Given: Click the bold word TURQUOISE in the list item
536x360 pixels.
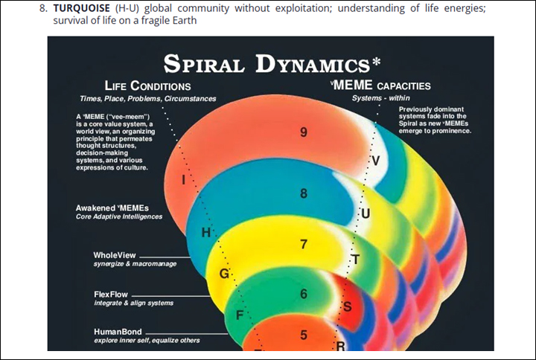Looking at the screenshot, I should click(80, 8).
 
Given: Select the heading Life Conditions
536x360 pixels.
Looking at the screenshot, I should click(147, 86).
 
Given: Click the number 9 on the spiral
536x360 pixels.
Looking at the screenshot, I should click(304, 132).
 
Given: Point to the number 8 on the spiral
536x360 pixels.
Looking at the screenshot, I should click(304, 194).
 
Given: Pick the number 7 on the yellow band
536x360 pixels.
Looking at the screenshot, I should click(304, 244).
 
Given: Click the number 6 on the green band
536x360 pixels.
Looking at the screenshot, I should click(304, 294).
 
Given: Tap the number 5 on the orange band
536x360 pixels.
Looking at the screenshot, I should click(304, 335).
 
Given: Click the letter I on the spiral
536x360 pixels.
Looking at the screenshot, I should click(183, 179).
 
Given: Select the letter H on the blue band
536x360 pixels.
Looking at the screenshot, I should click(206, 233).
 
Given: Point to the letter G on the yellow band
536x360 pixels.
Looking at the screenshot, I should click(223, 274).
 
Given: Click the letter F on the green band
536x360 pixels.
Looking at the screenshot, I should click(239, 315).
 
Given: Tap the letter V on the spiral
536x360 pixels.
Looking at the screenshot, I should click(375, 161).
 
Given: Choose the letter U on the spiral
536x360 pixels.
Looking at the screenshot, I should click(364, 214).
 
